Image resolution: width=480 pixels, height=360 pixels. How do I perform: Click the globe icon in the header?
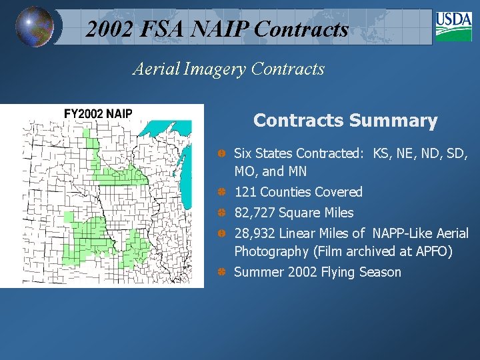pyautogui.click(x=34, y=27)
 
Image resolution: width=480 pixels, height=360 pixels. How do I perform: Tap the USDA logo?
pyautogui.click(x=453, y=26)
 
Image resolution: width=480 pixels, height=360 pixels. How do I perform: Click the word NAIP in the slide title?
pyautogui.click(x=220, y=29)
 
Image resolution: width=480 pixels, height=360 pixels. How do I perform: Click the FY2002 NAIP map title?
pyautogui.click(x=98, y=113)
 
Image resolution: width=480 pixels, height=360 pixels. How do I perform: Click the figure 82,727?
pyautogui.click(x=255, y=213)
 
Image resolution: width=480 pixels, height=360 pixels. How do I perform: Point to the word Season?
pyautogui.click(x=380, y=272)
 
